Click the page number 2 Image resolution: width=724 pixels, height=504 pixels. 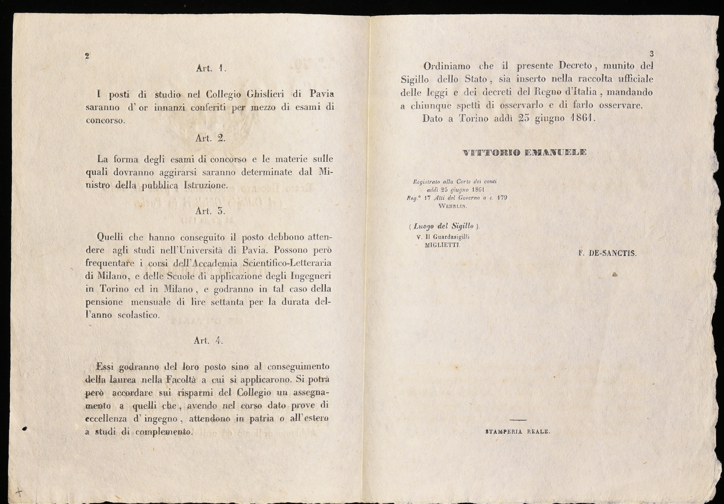pos(87,56)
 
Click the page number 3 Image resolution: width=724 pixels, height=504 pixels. pos(651,54)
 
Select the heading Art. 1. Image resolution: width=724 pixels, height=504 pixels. pos(211,68)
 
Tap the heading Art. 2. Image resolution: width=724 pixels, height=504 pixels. pos(210,138)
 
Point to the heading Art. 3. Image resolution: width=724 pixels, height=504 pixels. pos(210,211)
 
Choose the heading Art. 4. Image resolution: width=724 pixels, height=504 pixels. pos(209,340)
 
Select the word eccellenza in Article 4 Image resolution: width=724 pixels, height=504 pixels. pos(106,419)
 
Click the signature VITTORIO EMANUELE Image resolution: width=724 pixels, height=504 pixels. pos(525,153)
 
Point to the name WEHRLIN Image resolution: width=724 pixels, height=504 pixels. pos(453,206)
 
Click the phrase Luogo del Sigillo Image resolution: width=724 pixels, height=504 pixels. pos(444,226)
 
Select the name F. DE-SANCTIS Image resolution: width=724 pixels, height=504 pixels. pos(607,253)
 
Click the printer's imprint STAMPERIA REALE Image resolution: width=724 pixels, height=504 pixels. pos(518,432)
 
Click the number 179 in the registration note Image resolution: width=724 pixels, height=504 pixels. pos(502,197)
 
